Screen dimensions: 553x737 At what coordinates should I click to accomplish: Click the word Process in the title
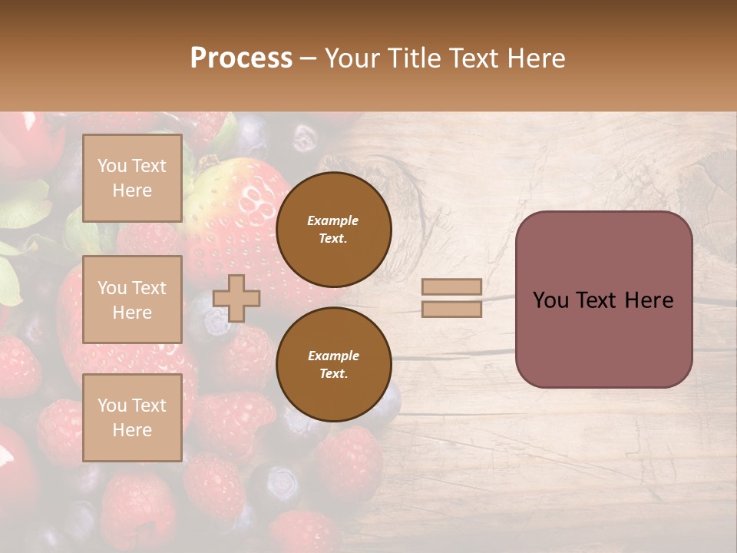[x=241, y=58]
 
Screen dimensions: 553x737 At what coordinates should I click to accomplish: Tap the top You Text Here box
[x=132, y=178]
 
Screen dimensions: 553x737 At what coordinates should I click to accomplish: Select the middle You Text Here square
[x=132, y=300]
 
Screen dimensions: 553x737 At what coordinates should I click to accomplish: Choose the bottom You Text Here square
[x=132, y=418]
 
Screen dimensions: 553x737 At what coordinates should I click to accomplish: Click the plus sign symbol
[x=236, y=298]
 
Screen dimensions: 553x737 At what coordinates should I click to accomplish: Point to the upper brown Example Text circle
[x=333, y=230]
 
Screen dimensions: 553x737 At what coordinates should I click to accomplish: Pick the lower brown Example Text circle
[x=333, y=365]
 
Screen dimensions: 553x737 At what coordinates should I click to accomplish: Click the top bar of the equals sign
[x=451, y=286]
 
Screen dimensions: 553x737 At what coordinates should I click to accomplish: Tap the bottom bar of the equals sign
[x=451, y=309]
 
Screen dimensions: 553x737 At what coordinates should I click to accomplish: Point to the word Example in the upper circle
[x=333, y=220]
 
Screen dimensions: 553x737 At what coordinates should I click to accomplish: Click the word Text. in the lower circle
[x=333, y=374]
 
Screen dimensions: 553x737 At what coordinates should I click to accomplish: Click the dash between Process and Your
[x=309, y=58]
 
